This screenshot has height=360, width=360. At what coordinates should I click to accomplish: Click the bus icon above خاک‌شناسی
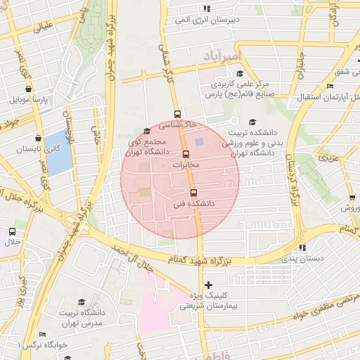pyautogui.click(x=176, y=113)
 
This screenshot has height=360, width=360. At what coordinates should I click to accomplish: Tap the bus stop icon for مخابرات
pyautogui.click(x=186, y=154)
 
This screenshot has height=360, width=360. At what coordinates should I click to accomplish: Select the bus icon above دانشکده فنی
pyautogui.click(x=193, y=193)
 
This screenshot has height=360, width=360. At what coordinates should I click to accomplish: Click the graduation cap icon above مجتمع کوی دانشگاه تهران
pyautogui.click(x=146, y=131)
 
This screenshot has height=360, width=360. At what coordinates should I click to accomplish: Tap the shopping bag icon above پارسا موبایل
pyautogui.click(x=28, y=89)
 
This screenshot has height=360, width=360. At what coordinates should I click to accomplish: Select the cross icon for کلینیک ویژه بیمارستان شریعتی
pyautogui.click(x=207, y=284)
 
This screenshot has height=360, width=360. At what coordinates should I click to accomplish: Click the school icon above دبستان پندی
pyautogui.click(x=302, y=247)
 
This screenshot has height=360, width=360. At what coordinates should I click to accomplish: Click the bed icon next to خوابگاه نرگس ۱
pyautogui.click(x=42, y=334)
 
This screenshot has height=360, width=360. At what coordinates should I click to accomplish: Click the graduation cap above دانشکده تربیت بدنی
pyautogui.click(x=252, y=122)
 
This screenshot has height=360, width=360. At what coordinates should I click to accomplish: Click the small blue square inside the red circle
pyautogui.click(x=198, y=143)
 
